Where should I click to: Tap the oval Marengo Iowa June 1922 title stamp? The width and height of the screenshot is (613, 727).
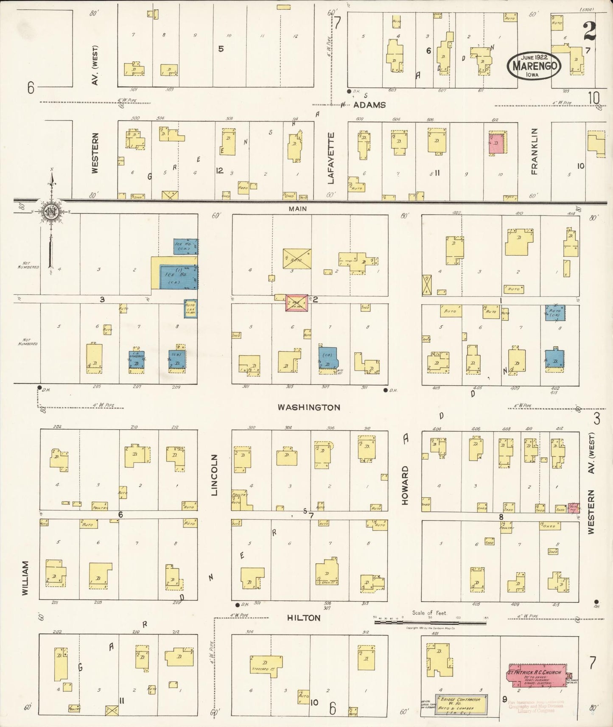(x=534, y=66)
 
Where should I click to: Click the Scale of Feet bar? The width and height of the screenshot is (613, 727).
(x=430, y=622)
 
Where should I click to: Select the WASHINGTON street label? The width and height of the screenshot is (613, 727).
(x=308, y=407)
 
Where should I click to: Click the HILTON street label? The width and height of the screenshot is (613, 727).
(x=304, y=618)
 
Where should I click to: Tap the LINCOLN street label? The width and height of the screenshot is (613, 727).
(x=214, y=475)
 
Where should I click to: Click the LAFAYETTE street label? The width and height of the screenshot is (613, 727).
(x=331, y=158)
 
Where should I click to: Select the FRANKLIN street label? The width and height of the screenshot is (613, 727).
(x=534, y=151)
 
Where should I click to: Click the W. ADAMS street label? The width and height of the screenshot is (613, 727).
(x=365, y=105)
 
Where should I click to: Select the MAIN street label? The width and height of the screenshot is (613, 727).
(x=297, y=209)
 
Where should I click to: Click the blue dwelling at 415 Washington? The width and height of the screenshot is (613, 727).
(x=554, y=358)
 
